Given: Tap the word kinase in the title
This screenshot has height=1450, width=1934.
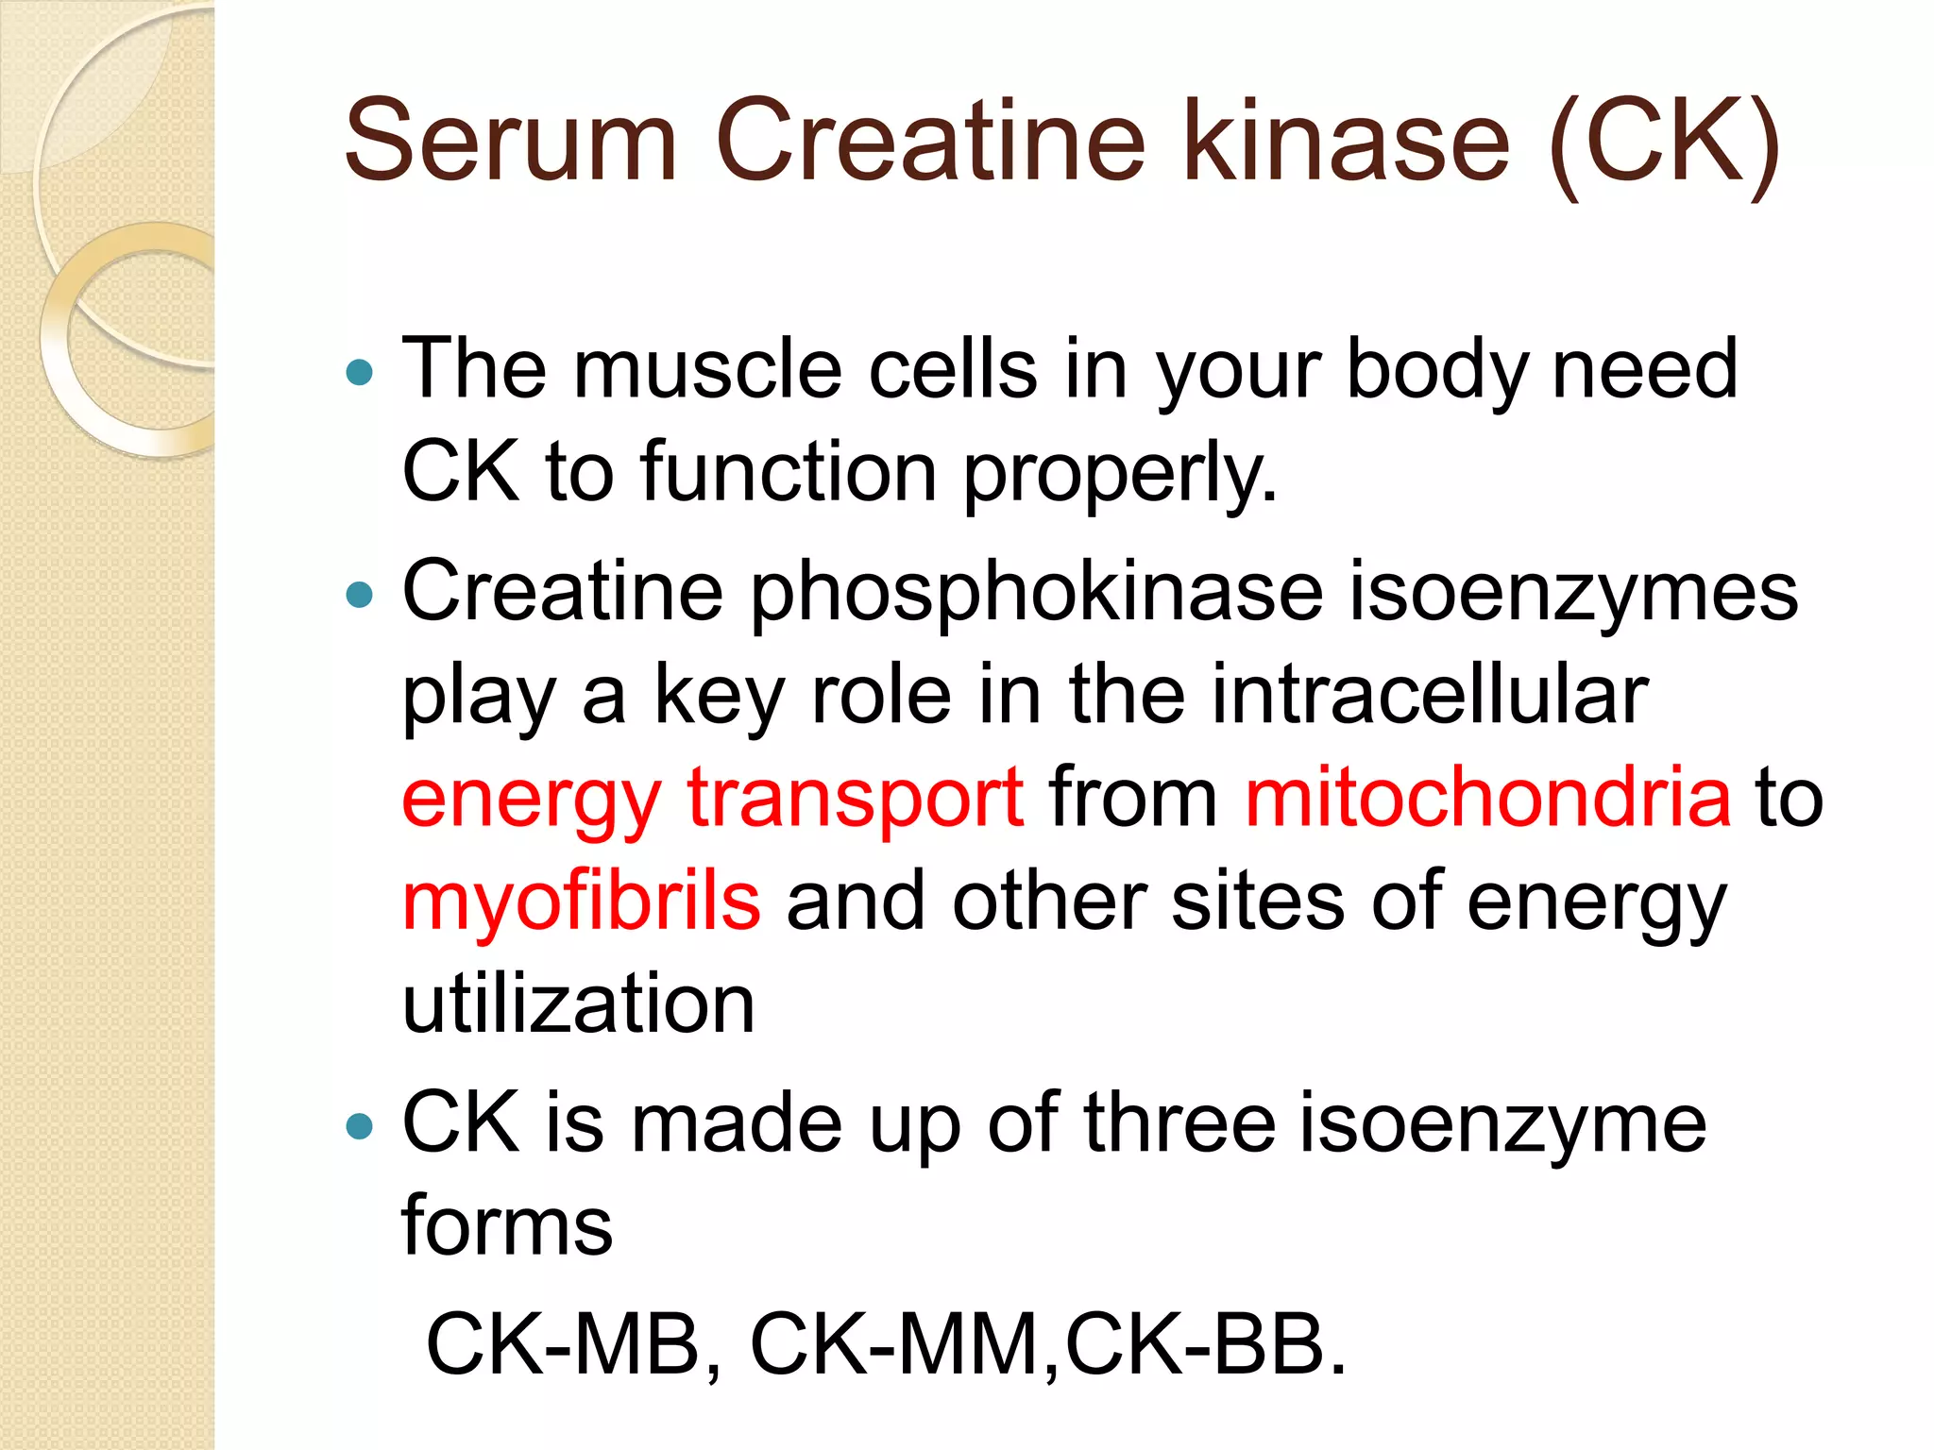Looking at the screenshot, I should (x=1346, y=142).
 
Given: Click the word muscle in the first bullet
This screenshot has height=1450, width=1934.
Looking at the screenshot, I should (x=707, y=369).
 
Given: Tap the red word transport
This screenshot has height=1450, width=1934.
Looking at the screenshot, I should (x=856, y=799).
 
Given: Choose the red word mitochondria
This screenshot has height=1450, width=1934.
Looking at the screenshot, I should (x=1487, y=799).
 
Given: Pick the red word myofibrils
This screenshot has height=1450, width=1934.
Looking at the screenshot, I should (x=581, y=901).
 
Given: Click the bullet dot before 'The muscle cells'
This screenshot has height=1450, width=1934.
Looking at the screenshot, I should (x=360, y=373).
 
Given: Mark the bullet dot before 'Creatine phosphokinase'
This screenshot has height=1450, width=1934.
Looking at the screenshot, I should (x=360, y=595).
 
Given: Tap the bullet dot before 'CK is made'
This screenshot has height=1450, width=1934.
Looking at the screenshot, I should (x=360, y=1125).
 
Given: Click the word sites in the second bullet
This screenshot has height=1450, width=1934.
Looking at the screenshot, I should (x=1258, y=901).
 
